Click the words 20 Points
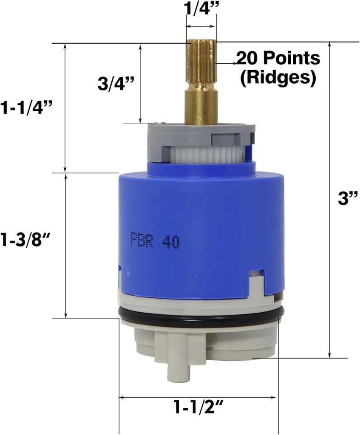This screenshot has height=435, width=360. click(278, 58)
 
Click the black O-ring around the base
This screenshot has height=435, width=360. click(200, 322)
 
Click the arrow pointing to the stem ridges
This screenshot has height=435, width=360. click(227, 63)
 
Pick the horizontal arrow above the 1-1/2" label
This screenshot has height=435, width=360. click(198, 398)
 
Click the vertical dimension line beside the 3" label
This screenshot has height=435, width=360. click(330, 200)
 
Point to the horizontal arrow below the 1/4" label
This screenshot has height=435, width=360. click(201, 26)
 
